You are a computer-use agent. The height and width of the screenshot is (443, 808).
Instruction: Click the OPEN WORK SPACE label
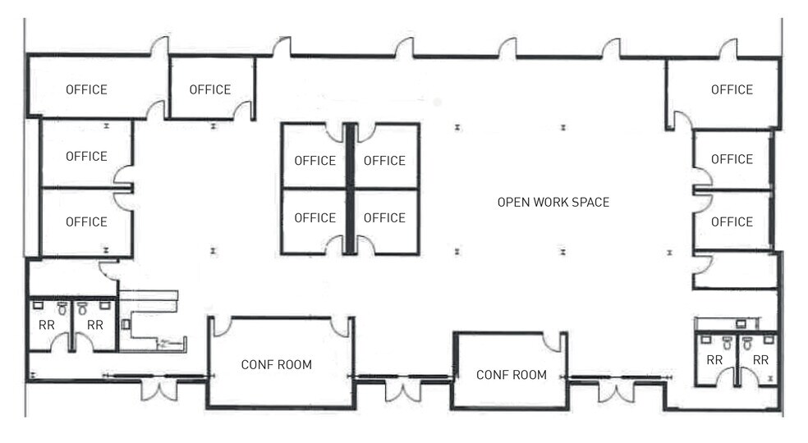coord(553,202)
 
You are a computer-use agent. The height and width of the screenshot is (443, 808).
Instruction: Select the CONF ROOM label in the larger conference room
coord(276,364)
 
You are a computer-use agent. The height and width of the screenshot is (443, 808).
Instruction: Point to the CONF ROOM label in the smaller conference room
coord(512,375)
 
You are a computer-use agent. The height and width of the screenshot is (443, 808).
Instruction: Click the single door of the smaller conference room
coord(556,342)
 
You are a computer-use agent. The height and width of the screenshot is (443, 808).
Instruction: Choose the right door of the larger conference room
coord(342,327)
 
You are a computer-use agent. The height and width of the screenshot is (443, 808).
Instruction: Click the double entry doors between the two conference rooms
coord(402,389)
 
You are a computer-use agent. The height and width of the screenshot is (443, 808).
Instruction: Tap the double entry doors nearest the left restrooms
coord(158,388)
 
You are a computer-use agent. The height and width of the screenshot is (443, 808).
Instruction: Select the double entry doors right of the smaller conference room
coord(617,390)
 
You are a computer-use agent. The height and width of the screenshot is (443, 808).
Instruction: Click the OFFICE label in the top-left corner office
coord(86,89)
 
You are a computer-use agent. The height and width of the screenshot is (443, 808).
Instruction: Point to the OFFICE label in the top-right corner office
coord(732,89)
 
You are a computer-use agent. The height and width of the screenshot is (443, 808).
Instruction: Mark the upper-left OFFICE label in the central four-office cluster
coord(314,161)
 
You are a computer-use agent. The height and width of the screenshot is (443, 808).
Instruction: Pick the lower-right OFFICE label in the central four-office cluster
coord(384,217)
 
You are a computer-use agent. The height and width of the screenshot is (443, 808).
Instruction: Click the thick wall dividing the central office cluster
coord(350,189)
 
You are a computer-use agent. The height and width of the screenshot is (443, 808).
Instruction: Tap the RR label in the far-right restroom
coord(760,360)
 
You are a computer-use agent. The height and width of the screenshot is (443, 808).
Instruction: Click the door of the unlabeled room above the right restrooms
coord(701,264)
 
